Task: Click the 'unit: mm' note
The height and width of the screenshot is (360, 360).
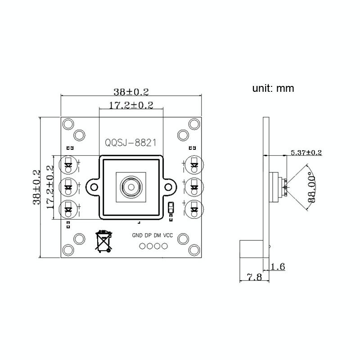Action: pyautogui.click(x=273, y=88)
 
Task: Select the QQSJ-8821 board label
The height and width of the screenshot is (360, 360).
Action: pyautogui.click(x=130, y=143)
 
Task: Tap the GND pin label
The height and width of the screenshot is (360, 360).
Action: pyautogui.click(x=137, y=235)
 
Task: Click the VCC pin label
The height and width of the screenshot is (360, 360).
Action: pyautogui.click(x=168, y=235)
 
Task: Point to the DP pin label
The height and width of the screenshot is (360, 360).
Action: pyautogui.click(x=148, y=235)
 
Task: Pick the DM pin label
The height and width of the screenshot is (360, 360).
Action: pyautogui.click(x=157, y=235)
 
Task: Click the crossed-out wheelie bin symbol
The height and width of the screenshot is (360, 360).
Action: pyautogui.click(x=103, y=241)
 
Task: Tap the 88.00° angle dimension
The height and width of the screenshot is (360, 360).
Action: pyautogui.click(x=311, y=187)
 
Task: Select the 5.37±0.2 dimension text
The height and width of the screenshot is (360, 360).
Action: pyautogui.click(x=306, y=153)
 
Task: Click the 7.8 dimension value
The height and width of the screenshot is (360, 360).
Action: pyautogui.click(x=254, y=277)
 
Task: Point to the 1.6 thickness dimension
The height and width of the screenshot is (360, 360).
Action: pyautogui.click(x=278, y=266)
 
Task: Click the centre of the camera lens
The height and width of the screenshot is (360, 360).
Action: pyautogui.click(x=131, y=187)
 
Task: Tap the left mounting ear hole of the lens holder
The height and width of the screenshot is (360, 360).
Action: pyautogui.click(x=94, y=187)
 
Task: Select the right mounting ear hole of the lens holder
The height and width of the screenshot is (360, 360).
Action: pyautogui.click(x=168, y=187)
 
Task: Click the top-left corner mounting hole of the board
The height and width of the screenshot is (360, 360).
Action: pyautogui.click(x=68, y=124)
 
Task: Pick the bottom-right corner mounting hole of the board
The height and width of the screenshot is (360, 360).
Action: pyautogui.click(x=194, y=250)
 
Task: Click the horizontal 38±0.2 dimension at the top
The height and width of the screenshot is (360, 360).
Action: pyautogui.click(x=131, y=92)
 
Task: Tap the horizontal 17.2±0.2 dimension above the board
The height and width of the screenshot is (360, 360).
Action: pyautogui.click(x=131, y=105)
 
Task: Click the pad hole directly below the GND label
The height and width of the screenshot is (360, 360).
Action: pyautogui.click(x=142, y=246)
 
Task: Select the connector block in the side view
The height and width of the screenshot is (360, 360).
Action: pyautogui.click(x=251, y=249)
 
